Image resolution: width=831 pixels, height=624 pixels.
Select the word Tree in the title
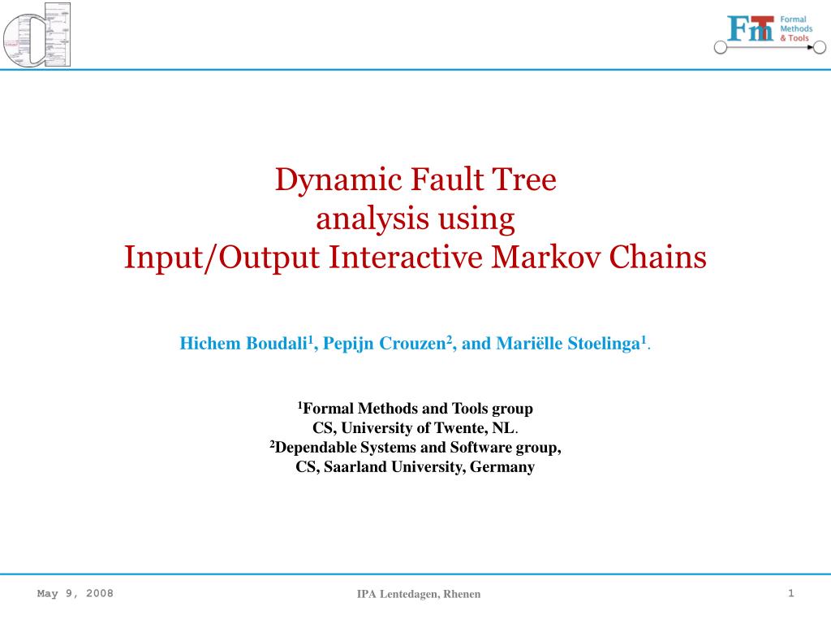[525, 180]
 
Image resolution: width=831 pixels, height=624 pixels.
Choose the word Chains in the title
[657, 257]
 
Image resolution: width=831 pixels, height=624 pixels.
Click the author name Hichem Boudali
[243, 344]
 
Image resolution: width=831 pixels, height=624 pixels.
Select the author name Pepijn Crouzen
[385, 344]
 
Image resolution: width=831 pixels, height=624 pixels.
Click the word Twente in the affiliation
[459, 427]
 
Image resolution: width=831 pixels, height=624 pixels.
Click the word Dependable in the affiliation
[316, 448]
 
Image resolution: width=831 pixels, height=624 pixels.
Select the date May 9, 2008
[75, 593]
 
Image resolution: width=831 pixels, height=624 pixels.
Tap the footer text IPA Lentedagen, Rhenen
[419, 594]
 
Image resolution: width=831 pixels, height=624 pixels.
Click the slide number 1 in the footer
[790, 593]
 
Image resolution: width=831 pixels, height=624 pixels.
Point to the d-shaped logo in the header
[37, 34]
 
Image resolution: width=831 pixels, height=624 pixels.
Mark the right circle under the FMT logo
[820, 48]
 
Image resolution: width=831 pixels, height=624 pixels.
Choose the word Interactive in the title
[406, 257]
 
